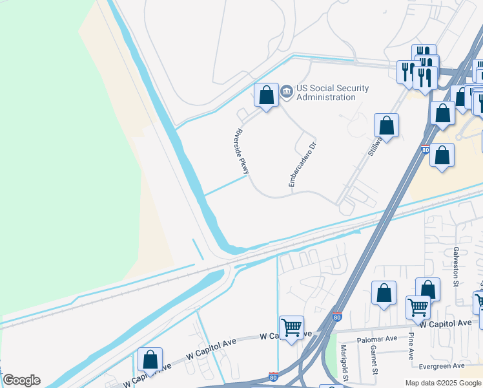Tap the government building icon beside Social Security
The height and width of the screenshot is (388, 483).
[287, 93]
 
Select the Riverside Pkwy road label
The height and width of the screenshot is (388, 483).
[241, 151]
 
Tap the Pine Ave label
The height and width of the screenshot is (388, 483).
[410, 345]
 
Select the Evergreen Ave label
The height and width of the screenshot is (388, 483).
[442, 365]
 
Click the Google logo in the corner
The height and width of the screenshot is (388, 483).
[21, 380]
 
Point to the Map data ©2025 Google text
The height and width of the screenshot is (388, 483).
[443, 383]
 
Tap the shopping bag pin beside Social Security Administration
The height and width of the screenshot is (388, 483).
[266, 96]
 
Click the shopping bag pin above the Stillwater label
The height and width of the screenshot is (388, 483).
[386, 125]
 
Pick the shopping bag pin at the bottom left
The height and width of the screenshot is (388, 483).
[150, 360]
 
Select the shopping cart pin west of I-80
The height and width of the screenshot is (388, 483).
[291, 328]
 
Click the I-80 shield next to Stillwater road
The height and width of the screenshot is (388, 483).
[425, 149]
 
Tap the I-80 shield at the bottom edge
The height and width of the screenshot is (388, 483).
[274, 376]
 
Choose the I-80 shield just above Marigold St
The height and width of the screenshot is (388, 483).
[337, 317]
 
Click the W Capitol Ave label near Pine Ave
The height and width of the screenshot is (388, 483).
[445, 323]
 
